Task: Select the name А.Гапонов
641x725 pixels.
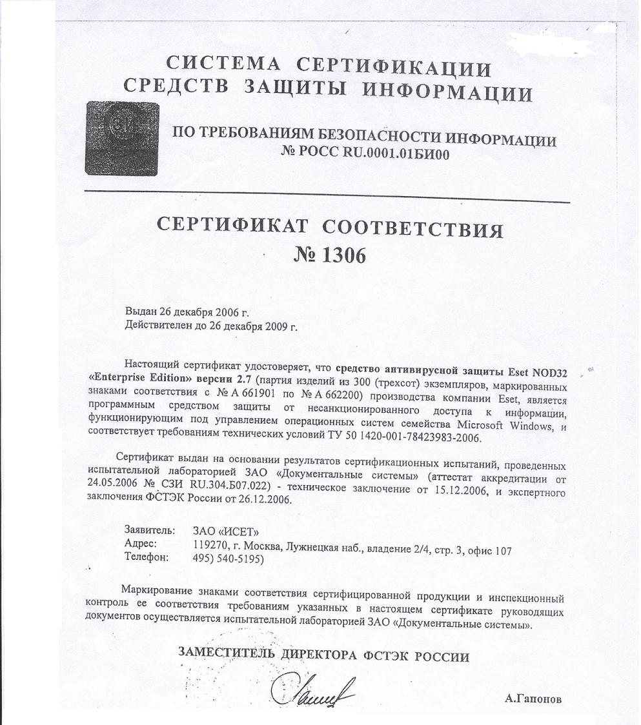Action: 534,699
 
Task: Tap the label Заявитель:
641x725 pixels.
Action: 148,530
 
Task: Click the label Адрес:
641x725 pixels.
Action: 141,543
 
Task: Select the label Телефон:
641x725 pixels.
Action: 147,557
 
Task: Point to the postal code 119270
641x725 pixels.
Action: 210,546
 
